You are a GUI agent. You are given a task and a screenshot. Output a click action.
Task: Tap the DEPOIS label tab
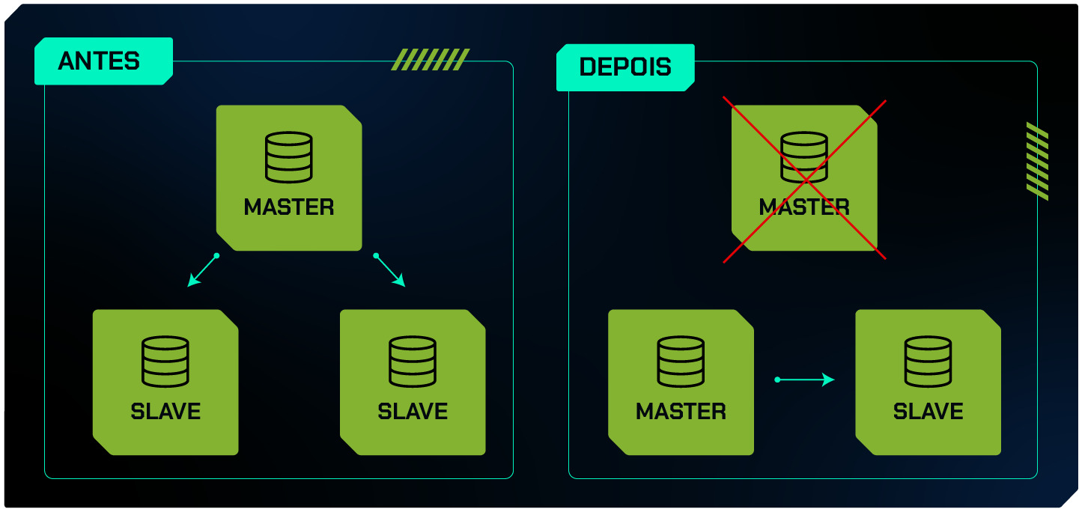click(x=624, y=67)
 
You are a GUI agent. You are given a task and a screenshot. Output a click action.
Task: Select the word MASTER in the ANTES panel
click(x=289, y=207)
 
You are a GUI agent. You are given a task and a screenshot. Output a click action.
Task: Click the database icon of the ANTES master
click(x=289, y=157)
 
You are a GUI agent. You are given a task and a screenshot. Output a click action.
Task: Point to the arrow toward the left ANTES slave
click(x=202, y=271)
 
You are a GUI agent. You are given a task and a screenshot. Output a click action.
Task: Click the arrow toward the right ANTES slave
click(x=390, y=270)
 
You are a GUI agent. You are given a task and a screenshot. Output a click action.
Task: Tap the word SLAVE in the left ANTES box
click(x=165, y=411)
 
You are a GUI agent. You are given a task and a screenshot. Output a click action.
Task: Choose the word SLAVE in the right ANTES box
click(x=413, y=411)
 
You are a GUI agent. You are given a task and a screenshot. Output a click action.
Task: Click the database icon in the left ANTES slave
click(x=165, y=362)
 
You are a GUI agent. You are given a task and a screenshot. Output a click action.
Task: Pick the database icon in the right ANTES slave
click(x=413, y=362)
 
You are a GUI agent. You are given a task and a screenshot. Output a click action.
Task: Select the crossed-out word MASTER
click(x=804, y=207)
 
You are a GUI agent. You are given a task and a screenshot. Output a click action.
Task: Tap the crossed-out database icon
click(x=804, y=157)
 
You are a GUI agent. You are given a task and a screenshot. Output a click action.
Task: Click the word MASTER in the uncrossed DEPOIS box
click(x=681, y=411)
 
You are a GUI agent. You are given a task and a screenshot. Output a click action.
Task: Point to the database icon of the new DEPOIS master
click(x=681, y=362)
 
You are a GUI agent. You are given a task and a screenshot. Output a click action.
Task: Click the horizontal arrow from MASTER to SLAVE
click(x=805, y=380)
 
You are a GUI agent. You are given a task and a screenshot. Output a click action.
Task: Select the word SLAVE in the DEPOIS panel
click(x=928, y=411)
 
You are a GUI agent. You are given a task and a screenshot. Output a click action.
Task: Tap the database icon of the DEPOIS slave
click(x=928, y=362)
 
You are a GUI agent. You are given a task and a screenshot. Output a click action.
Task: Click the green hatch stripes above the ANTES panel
click(x=431, y=59)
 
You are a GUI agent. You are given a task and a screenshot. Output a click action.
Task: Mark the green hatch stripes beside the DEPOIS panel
click(x=1037, y=161)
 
